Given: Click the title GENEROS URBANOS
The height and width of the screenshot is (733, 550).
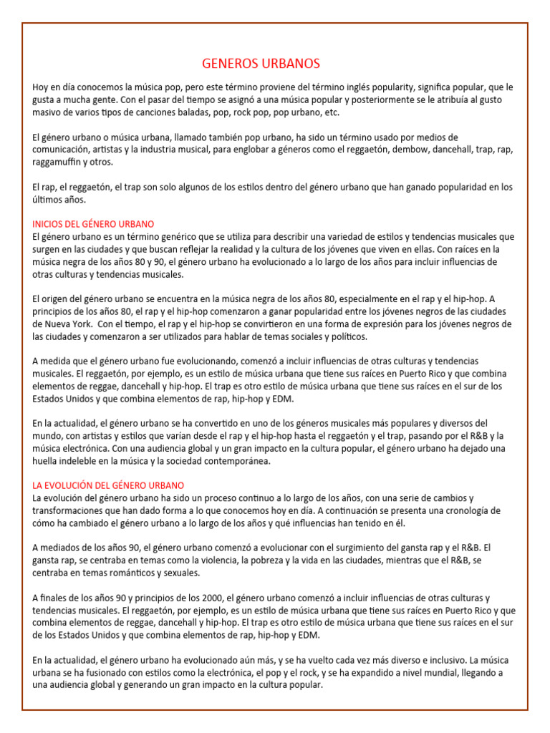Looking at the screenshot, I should [x=261, y=64].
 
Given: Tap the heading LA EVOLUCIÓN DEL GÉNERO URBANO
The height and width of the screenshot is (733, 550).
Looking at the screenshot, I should [x=108, y=485].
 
